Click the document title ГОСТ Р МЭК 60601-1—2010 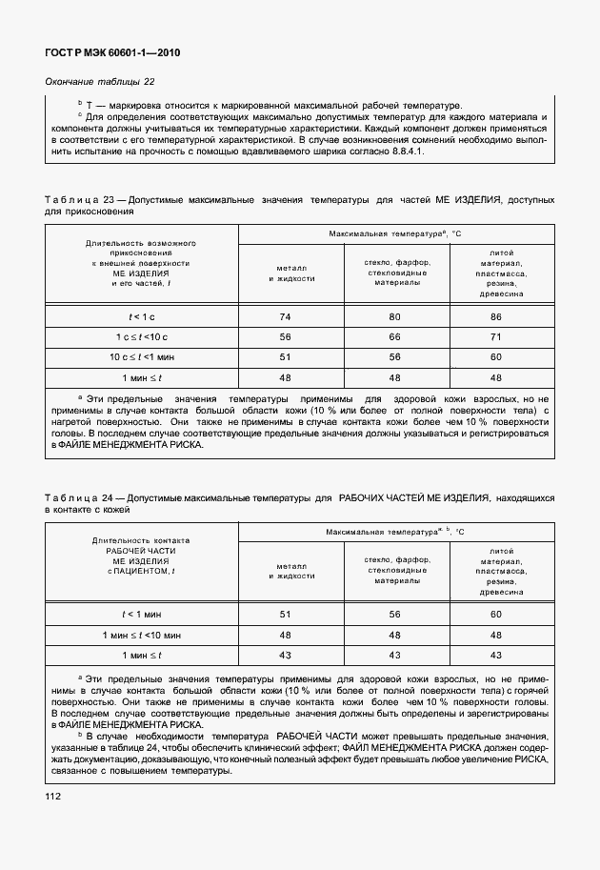coord(112,52)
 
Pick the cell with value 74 coord(285,315)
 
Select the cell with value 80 coord(393,315)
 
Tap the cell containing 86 coord(495,315)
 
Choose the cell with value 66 coord(393,336)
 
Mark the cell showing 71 coord(495,336)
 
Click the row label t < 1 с coord(141,315)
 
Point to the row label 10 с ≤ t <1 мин coord(141,357)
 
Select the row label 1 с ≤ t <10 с coord(141,336)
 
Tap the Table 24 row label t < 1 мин coord(141,615)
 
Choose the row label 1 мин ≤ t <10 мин coord(141,635)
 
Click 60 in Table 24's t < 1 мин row coord(495,615)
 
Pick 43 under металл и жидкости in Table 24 coord(285,655)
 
